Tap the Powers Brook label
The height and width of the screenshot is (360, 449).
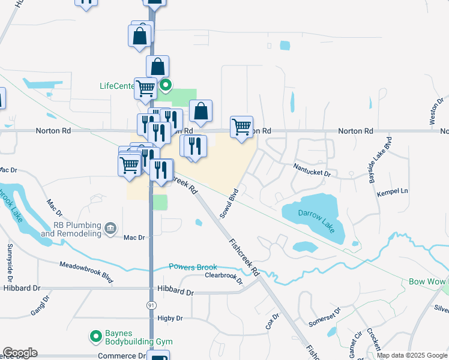(191, 267)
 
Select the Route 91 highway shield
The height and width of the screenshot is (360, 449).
(151, 305)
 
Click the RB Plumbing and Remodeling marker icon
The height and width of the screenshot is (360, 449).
(110, 227)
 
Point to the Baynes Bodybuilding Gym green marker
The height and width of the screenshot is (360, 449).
(94, 337)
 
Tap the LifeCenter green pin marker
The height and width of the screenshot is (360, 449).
(166, 86)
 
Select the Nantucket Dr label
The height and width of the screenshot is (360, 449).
(312, 170)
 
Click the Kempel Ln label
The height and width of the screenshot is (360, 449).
(392, 191)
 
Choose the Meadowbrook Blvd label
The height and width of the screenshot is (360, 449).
(86, 270)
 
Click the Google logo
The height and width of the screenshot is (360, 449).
(19, 353)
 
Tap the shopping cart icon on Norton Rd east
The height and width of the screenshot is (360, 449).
(241, 127)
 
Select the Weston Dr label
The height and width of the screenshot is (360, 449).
(436, 110)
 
